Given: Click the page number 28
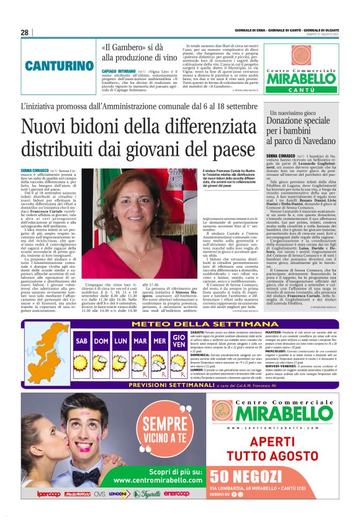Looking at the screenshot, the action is point(24,32).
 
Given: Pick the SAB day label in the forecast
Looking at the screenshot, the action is point(81,341).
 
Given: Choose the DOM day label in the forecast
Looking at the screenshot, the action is point(101,341).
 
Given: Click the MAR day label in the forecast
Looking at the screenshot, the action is point(140,341).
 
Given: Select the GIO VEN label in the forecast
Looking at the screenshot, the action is point(179,341).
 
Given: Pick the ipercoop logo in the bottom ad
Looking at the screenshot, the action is point(48,494).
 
